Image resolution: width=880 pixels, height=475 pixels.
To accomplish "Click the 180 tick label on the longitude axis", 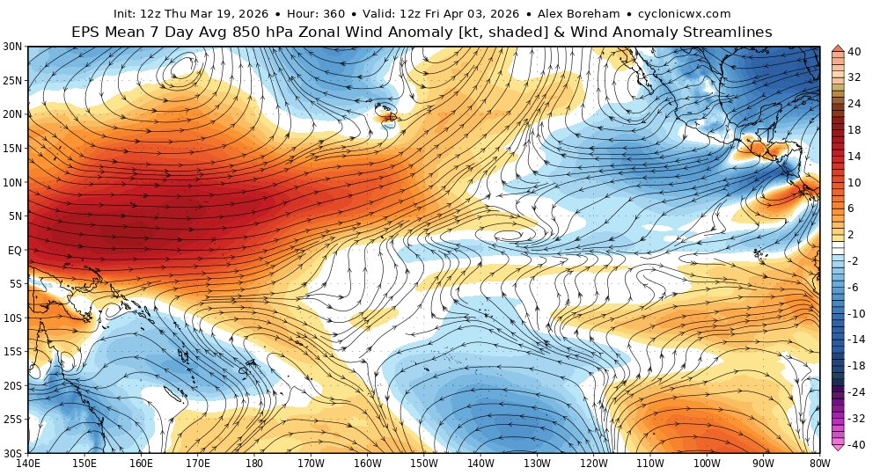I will [x=253, y=463].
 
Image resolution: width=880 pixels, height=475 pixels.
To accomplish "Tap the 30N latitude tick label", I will [x=12, y=47].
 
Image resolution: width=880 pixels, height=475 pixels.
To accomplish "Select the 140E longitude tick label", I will [x=28, y=463].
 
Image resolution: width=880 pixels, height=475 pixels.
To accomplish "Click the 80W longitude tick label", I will [x=819, y=463].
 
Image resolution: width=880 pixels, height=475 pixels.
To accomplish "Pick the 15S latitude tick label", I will [x=12, y=351].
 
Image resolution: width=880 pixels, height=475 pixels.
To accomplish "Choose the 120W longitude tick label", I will [x=593, y=463].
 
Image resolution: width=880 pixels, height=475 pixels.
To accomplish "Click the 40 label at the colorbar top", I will [x=854, y=51].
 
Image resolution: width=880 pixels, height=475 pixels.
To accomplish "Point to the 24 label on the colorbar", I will [x=854, y=103].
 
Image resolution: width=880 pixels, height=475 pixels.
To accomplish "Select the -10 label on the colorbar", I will [x=856, y=313].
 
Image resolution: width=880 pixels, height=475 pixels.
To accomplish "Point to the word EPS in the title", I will [x=87, y=32].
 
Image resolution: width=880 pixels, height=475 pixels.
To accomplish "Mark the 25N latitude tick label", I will [x=12, y=80].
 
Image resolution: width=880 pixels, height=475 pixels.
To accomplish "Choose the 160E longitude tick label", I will [x=141, y=463].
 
